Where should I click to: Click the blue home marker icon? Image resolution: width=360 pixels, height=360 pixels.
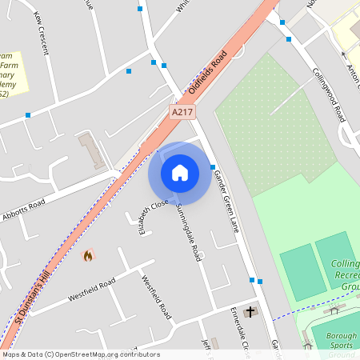[180, 172]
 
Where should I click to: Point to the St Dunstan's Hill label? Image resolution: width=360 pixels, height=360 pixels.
[32, 300]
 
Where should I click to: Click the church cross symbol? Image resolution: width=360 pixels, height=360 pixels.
[250, 310]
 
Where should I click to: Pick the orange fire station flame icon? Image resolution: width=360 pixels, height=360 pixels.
[87, 256]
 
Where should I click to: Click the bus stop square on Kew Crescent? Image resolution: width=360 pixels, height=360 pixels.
[28, 115]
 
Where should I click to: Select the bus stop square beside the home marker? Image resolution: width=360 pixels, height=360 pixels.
[213, 167]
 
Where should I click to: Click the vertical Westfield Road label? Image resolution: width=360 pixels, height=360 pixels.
[156, 297]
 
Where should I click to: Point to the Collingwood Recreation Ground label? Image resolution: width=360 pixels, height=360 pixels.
[344, 274]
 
